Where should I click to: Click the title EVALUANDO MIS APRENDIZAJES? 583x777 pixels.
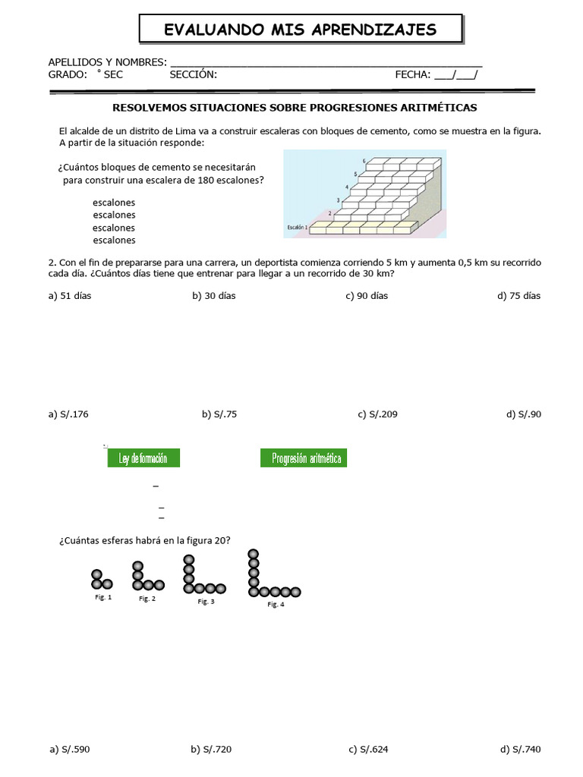pyautogui.click(x=301, y=30)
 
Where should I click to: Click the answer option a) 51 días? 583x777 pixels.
pyautogui.click(x=69, y=296)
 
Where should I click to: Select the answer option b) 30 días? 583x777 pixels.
pyautogui.click(x=213, y=296)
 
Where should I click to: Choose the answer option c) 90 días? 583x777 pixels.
pyautogui.click(x=366, y=296)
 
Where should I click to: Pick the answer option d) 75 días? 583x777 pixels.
pyautogui.click(x=519, y=296)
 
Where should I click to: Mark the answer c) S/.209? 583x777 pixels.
pyautogui.click(x=377, y=414)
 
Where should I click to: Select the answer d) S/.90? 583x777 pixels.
pyautogui.click(x=523, y=414)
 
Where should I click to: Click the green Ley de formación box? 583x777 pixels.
pyautogui.click(x=143, y=458)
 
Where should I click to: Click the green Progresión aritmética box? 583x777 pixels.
pyautogui.click(x=304, y=458)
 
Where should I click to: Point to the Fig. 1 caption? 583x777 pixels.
pyautogui.click(x=103, y=597)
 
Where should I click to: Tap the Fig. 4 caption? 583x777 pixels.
pyautogui.click(x=276, y=605)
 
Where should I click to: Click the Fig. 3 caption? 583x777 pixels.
pyautogui.click(x=206, y=602)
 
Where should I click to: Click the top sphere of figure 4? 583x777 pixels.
pyautogui.click(x=253, y=555)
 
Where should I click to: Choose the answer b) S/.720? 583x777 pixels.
pyautogui.click(x=211, y=750)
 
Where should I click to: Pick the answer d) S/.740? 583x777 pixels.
pyautogui.click(x=521, y=750)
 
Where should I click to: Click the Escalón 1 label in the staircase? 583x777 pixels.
pyautogui.click(x=296, y=227)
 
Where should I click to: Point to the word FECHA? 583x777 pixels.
pyautogui.click(x=412, y=74)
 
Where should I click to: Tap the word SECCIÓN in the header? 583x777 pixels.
pyautogui.click(x=193, y=74)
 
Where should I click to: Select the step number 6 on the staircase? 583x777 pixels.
pyautogui.click(x=364, y=161)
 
